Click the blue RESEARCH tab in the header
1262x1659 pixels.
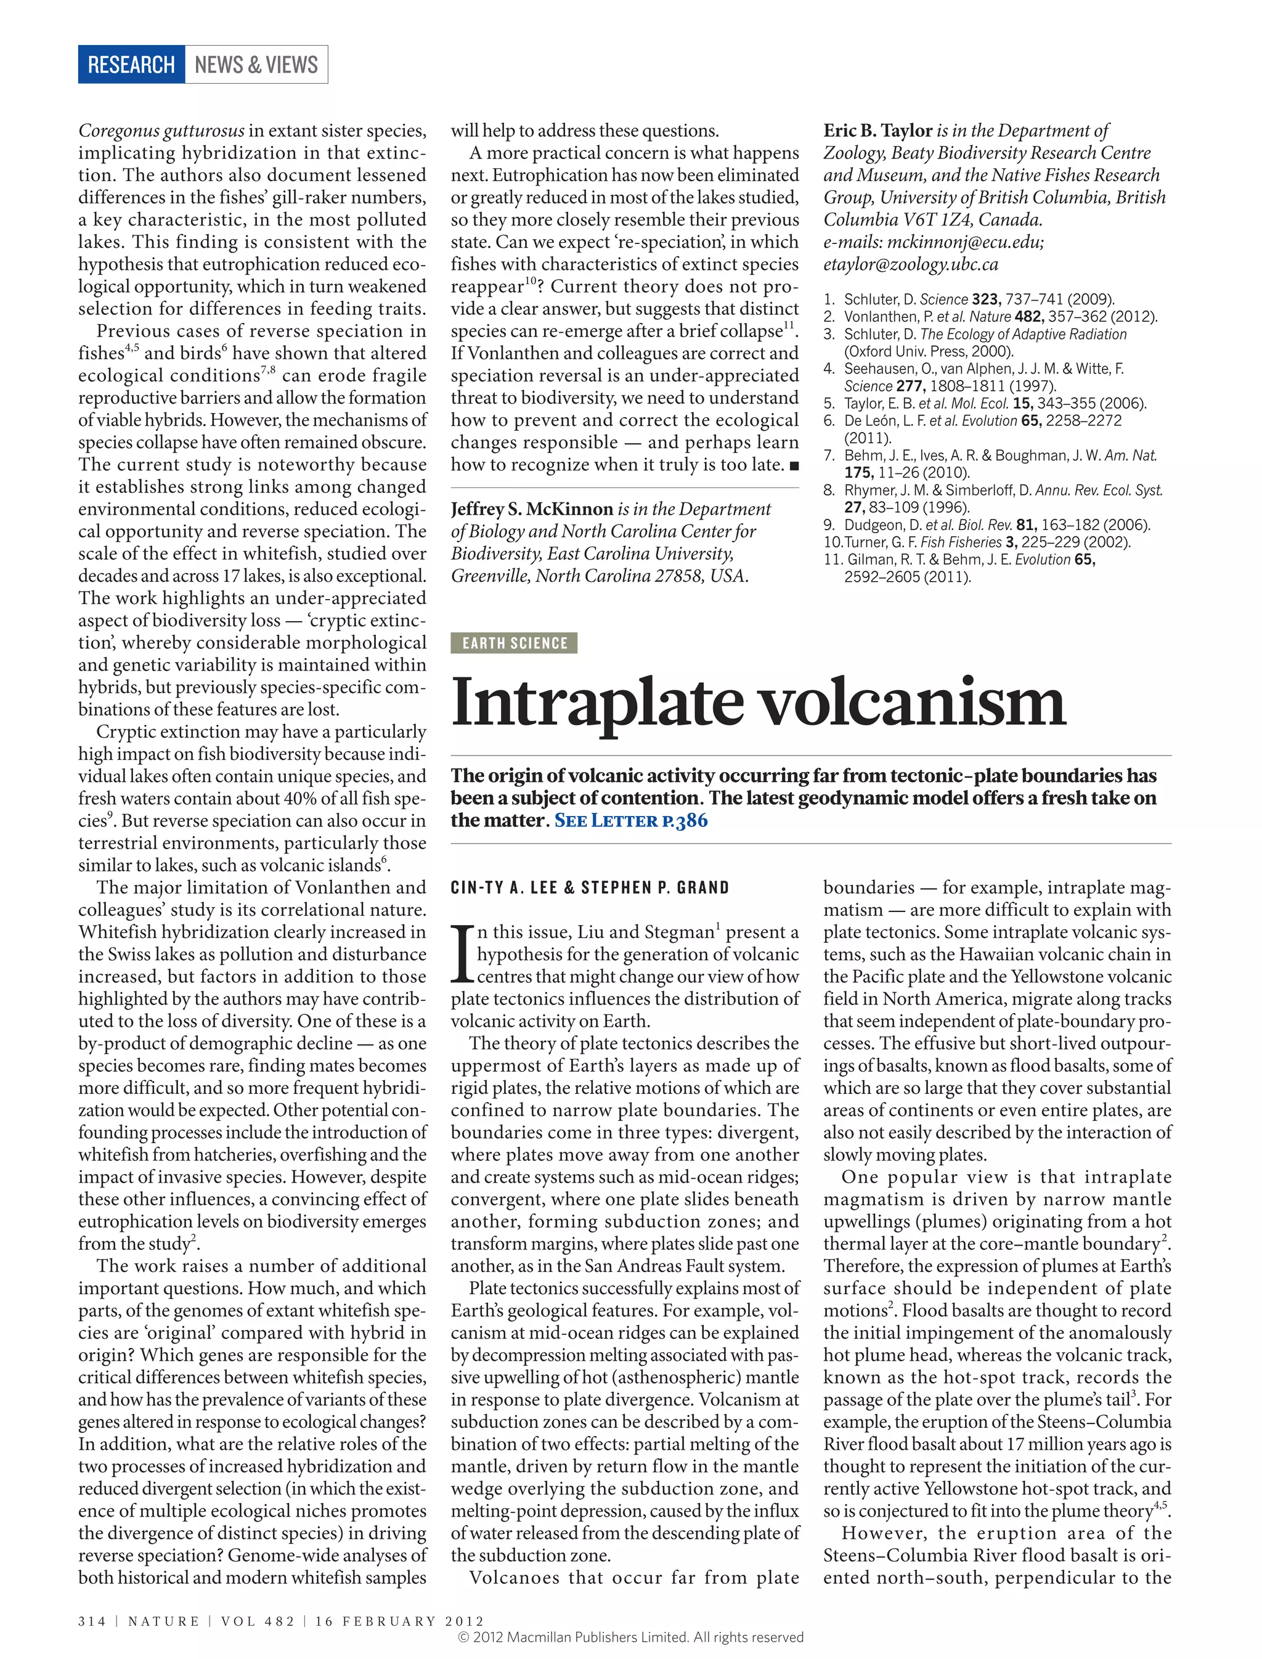[131, 65]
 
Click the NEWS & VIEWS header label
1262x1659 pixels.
[256, 65]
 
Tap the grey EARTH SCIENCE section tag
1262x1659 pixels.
[514, 643]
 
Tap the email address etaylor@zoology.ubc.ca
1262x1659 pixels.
[910, 264]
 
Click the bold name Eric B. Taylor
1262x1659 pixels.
[877, 131]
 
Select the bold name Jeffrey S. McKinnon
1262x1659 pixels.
[532, 510]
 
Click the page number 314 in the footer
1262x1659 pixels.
[92, 1621]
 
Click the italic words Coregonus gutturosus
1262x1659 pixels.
[161, 131]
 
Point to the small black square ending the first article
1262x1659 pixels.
[794, 466]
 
